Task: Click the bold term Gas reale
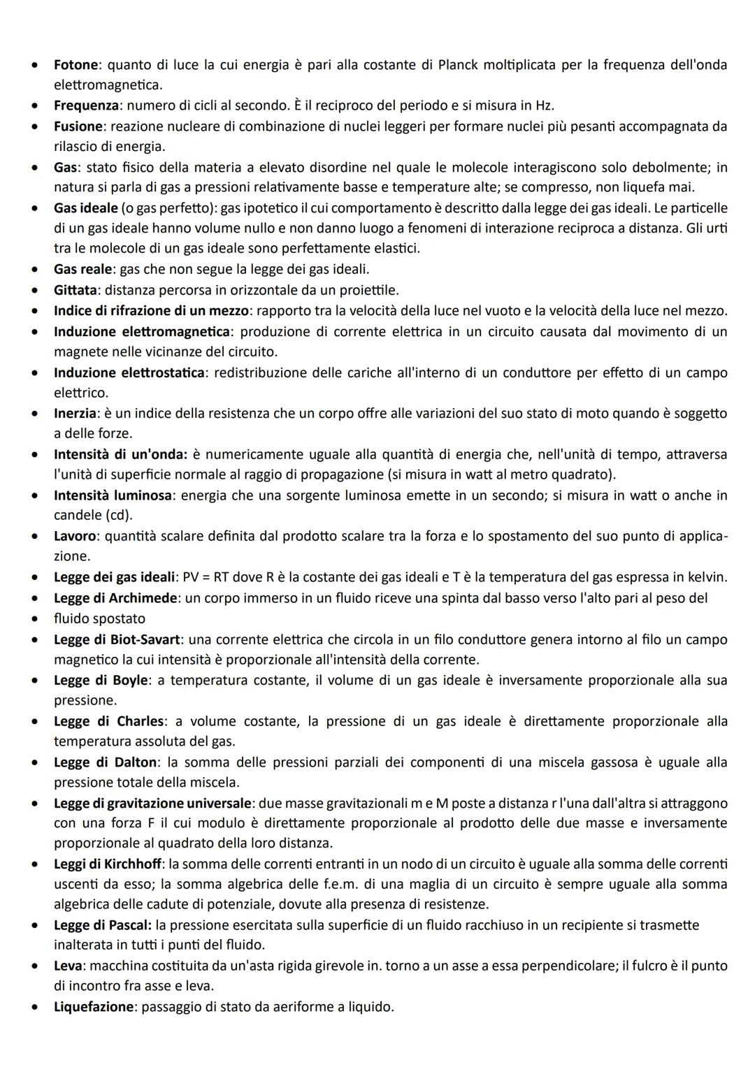(x=82, y=269)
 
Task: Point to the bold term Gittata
(x=76, y=289)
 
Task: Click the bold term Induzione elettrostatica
(x=129, y=372)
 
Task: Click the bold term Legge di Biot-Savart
(x=117, y=639)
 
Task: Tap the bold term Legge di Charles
(x=109, y=721)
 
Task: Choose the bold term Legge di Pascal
(x=102, y=925)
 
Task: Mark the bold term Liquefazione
(x=93, y=1007)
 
